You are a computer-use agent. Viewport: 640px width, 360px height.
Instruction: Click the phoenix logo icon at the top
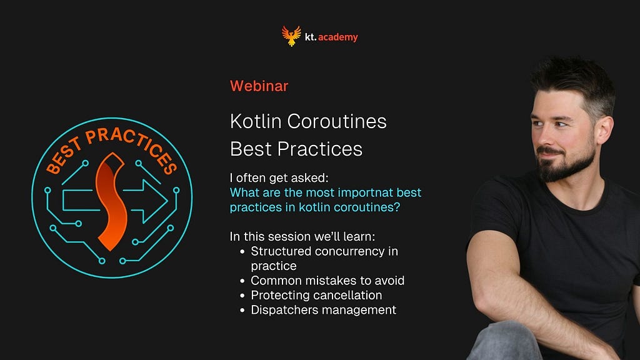pos(291,36)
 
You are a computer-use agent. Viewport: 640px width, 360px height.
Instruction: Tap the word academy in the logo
pos(338,37)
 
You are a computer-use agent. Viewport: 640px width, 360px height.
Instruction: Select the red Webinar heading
pos(259,86)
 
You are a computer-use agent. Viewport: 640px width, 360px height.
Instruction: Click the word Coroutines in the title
pos(337,121)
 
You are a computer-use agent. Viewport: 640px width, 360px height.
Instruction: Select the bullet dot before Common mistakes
pos(242,281)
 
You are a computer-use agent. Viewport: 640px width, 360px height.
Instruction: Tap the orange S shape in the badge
pos(111,202)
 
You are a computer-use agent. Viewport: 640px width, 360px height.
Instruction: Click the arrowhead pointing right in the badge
pos(154,201)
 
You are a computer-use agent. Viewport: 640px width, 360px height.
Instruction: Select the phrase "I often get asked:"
pos(279,178)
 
